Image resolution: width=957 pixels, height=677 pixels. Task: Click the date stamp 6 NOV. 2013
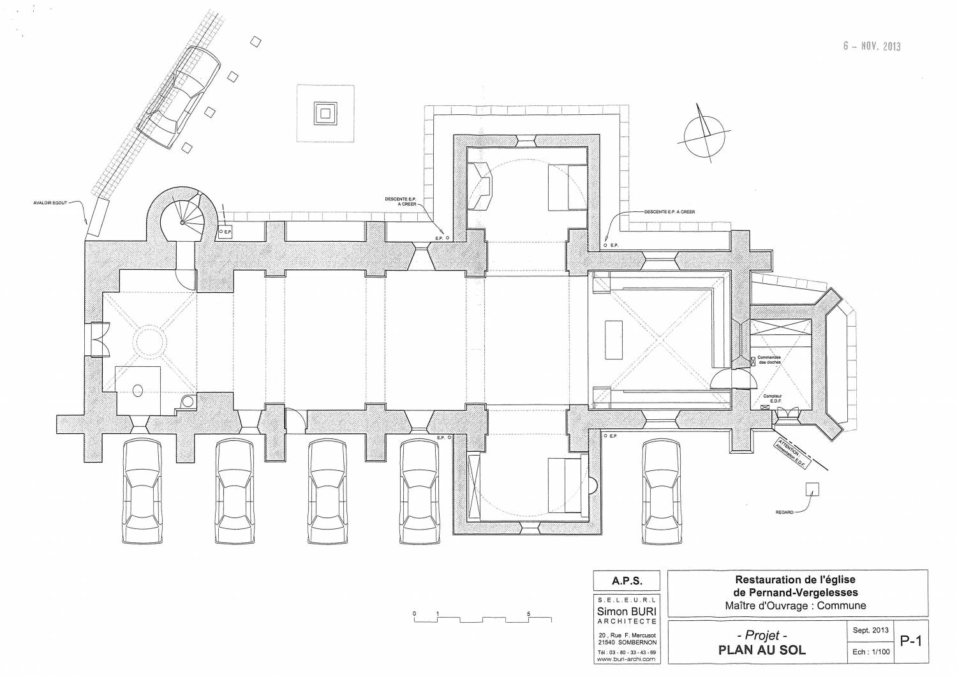(x=871, y=46)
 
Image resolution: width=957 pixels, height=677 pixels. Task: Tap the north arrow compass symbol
(x=704, y=133)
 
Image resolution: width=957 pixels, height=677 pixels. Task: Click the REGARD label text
(x=784, y=512)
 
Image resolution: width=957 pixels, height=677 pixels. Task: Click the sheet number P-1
(x=910, y=641)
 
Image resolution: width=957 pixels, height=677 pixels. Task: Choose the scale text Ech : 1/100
(x=871, y=651)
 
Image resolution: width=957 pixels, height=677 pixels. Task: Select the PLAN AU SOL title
(x=762, y=650)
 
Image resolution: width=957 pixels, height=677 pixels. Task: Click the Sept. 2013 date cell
(x=871, y=630)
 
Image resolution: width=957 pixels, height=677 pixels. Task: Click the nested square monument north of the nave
(x=325, y=114)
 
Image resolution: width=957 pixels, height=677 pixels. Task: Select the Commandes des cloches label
(x=769, y=359)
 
